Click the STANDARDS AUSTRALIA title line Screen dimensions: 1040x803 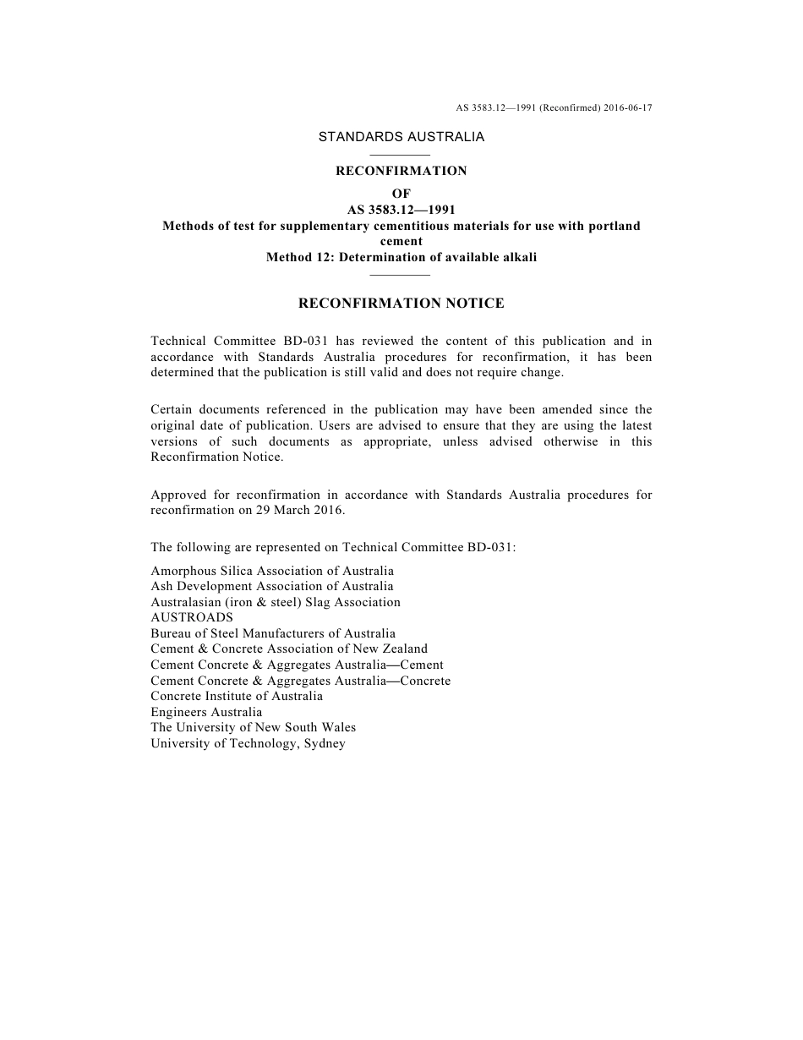tap(401, 136)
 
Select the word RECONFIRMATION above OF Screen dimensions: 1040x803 tap(401, 171)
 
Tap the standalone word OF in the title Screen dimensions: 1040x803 tap(401, 194)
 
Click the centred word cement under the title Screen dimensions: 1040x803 tap(401, 242)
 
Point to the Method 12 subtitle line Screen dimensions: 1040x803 tap(401, 258)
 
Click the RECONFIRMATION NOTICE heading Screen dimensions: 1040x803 tap(401, 303)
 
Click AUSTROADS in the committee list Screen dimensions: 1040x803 tap(192, 618)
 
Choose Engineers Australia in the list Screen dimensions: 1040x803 tap(206, 712)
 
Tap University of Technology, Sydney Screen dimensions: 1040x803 tap(248, 743)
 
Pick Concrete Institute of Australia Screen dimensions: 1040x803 tap(237, 697)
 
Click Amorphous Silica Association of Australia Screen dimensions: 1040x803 tap(272, 571)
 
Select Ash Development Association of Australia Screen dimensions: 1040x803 tap(272, 587)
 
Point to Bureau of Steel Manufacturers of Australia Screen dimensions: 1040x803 tap(273, 633)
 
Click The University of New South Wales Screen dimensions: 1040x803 tap(254, 728)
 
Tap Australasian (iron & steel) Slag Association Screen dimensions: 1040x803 tap(276, 603)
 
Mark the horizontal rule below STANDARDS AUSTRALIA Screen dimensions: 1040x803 tap(401, 155)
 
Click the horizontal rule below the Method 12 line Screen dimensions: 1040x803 tap(401, 275)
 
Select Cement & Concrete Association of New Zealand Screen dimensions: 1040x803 tap(289, 649)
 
